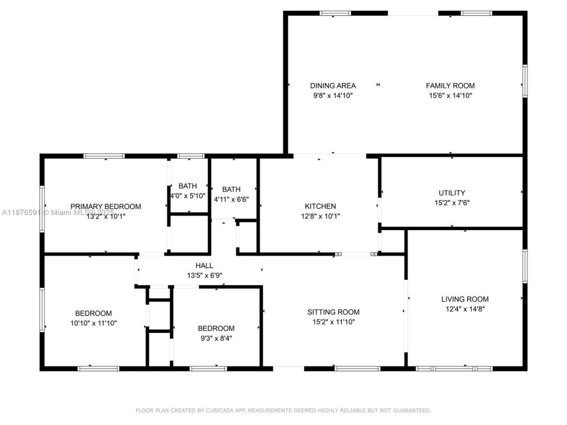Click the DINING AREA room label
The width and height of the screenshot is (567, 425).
coord(334,86)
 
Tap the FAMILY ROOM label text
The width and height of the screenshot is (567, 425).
coord(450,86)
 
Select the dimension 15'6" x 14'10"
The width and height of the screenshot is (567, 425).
coord(450,95)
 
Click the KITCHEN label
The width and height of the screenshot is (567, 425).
coord(320,206)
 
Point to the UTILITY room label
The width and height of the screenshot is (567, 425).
coord(452,192)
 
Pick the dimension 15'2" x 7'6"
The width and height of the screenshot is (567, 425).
coord(452,202)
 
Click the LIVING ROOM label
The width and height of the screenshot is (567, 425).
coord(465,299)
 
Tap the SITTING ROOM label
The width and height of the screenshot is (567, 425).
coord(333,312)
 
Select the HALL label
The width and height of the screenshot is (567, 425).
coord(204,266)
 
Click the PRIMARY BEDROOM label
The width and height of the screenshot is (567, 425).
coord(106,206)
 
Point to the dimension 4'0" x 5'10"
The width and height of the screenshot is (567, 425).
coord(188,195)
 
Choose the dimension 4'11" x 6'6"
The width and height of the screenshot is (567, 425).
coord(231,200)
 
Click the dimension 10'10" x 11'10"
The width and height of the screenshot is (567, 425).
coord(93,323)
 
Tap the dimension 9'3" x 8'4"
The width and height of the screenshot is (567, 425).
coord(216,338)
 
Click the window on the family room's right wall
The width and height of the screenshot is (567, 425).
coord(524,81)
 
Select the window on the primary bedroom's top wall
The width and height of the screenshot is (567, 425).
coord(104,156)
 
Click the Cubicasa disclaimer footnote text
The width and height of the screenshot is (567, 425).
coord(283,410)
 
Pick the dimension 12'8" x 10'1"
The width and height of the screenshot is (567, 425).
coord(320,216)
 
